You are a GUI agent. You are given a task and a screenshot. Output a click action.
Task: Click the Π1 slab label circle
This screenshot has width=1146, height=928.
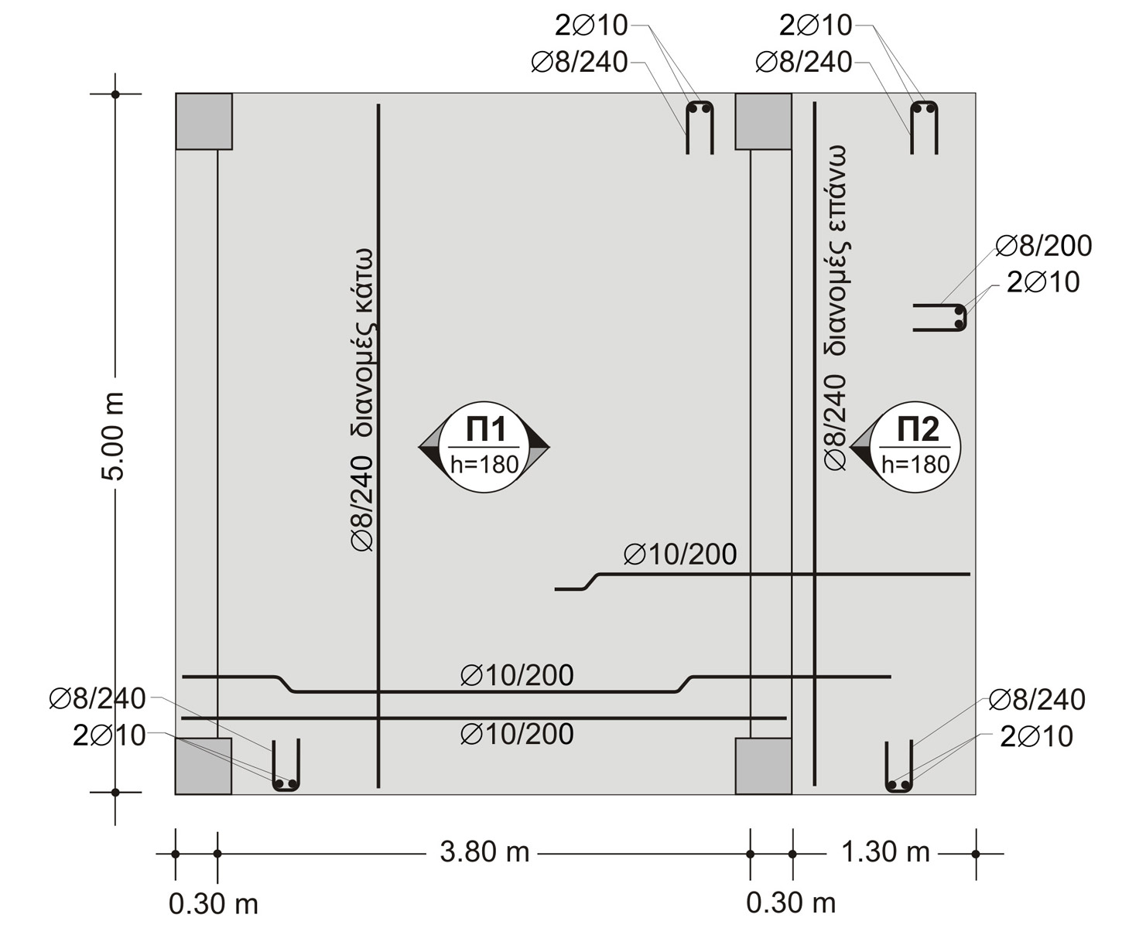click(x=484, y=447)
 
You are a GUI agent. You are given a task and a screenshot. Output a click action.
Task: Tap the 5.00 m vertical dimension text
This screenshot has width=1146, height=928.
click(x=114, y=437)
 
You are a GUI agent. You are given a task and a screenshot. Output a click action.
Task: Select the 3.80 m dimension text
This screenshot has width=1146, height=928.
click(x=484, y=852)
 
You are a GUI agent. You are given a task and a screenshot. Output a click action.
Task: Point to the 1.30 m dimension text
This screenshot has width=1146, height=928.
click(x=884, y=852)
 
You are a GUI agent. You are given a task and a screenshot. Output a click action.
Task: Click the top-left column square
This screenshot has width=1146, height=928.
click(x=204, y=121)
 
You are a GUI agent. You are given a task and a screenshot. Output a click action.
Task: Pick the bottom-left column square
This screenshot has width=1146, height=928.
click(x=204, y=766)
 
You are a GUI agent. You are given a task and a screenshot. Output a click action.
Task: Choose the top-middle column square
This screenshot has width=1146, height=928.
click(x=763, y=121)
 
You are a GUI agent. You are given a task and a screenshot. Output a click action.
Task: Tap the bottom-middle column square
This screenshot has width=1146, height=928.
click(x=763, y=766)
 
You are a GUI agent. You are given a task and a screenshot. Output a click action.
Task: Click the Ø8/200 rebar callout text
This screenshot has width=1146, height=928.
click(x=1043, y=246)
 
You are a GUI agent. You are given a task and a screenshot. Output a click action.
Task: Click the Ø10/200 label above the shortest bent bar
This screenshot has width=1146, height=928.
click(x=679, y=554)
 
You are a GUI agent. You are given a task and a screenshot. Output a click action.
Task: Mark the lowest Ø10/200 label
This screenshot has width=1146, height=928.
click(x=517, y=734)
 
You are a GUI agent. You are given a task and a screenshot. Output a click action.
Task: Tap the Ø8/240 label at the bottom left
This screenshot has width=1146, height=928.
click(x=97, y=699)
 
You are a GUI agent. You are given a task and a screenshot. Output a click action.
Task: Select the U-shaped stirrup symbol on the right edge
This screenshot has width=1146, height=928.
click(x=941, y=317)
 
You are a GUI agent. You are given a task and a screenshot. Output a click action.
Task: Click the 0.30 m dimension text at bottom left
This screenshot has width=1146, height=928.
click(x=214, y=903)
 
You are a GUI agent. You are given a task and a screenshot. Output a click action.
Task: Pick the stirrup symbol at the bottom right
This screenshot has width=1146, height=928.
click(x=899, y=767)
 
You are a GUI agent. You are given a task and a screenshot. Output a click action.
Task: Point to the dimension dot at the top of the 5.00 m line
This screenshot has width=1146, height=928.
click(x=115, y=94)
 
